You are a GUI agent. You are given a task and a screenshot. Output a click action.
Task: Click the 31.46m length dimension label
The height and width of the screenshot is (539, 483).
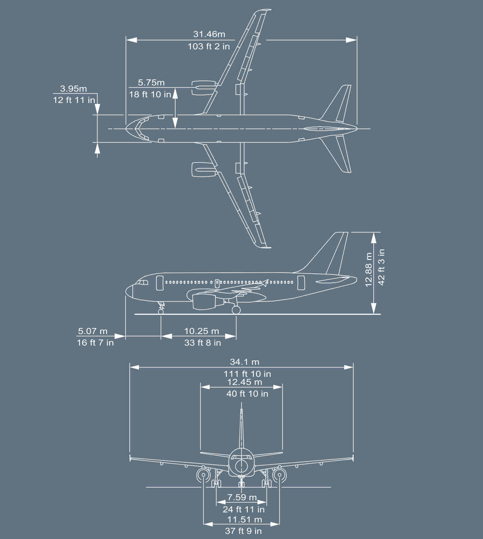tap(209, 34)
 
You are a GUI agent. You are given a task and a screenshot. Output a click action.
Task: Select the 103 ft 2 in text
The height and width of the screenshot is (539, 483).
tap(209, 47)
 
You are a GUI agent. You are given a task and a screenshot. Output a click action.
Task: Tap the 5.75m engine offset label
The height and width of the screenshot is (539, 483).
tap(151, 82)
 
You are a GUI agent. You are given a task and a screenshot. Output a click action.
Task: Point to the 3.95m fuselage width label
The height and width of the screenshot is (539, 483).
tap(73, 89)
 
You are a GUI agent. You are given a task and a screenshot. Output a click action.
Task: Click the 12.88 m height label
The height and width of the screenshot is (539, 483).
tap(369, 269)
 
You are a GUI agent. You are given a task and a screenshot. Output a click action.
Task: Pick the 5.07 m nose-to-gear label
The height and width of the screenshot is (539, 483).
tap(93, 331)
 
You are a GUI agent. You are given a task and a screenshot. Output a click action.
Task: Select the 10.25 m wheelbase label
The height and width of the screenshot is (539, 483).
tap(201, 331)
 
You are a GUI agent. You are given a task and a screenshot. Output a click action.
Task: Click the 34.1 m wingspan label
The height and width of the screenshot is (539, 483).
tap(245, 362)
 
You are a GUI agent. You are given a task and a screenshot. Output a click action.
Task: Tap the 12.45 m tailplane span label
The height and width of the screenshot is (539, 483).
tap(245, 382)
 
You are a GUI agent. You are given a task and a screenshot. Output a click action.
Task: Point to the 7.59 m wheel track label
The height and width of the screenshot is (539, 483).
tap(242, 497)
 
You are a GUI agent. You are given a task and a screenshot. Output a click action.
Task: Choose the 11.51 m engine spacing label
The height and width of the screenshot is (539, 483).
tap(245, 519)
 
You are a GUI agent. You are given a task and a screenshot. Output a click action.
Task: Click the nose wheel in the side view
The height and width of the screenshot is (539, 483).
tap(161, 311)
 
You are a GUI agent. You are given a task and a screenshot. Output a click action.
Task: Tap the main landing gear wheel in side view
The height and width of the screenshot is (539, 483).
tap(236, 310)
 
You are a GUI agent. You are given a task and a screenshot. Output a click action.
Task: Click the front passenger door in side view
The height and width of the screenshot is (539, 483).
tap(160, 282)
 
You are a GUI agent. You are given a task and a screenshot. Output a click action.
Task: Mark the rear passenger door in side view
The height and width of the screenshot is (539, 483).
tap(301, 283)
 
